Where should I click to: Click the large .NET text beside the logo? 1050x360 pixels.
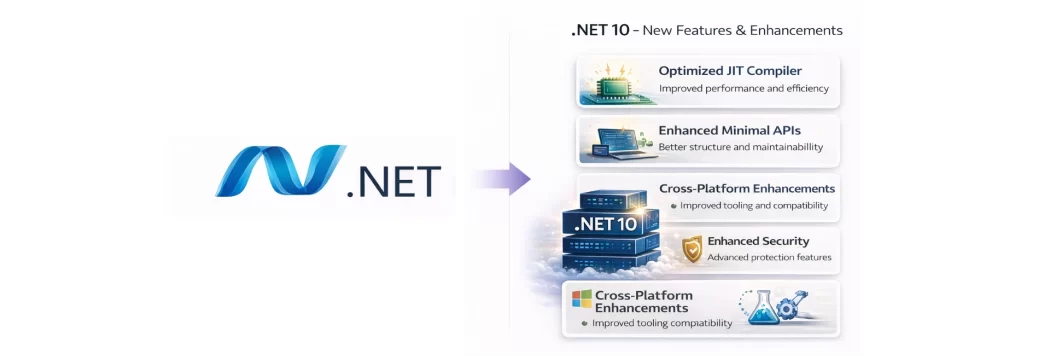point(393,181)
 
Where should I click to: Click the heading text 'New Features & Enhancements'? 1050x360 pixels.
point(742,30)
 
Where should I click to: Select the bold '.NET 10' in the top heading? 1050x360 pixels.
point(600,30)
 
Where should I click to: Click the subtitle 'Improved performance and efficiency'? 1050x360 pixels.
point(743,88)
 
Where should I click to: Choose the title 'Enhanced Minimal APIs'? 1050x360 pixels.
point(729,130)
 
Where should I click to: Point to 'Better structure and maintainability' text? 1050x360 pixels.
point(740,147)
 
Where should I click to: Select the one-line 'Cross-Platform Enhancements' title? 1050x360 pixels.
point(747,189)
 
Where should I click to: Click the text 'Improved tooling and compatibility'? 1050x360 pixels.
point(754,206)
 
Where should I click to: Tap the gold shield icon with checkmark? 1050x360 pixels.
point(691,249)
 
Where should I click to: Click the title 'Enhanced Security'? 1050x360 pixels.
point(758,241)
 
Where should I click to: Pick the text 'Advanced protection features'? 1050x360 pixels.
point(769,258)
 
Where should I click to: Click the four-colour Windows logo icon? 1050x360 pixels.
point(582,298)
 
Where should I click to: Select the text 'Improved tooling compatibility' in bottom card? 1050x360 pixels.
point(662,323)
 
